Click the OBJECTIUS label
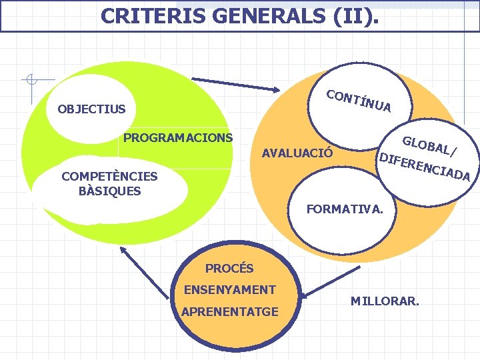coord(91,109)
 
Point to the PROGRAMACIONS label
coord(178,138)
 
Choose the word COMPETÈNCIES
coord(109,177)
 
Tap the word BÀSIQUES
coord(109,191)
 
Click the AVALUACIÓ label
coord(298,153)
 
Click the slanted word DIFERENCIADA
coord(424,167)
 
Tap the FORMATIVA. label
coord(344,209)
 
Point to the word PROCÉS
coord(229,269)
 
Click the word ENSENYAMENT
coord(229,290)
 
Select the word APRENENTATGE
coord(229,311)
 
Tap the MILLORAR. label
coord(385,301)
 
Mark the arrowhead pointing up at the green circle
coord(123,251)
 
